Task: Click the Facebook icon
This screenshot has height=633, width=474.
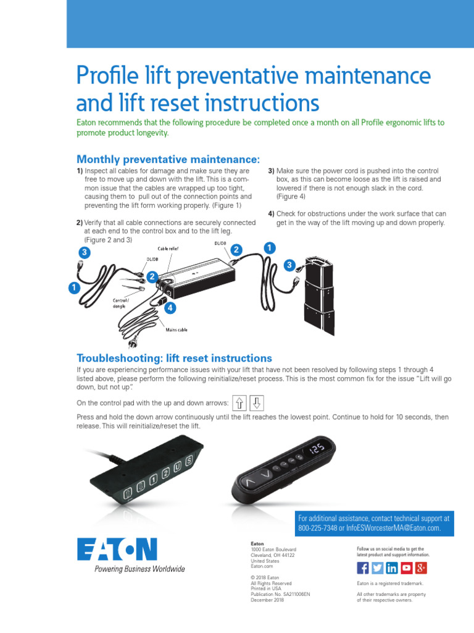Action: point(363,568)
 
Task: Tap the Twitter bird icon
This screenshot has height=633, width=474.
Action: point(377,568)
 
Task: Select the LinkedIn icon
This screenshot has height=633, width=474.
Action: point(392,568)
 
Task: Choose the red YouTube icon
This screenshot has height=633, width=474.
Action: point(407,568)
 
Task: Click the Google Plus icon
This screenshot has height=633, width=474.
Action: point(421,568)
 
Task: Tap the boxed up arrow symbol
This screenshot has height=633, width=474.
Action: point(239,403)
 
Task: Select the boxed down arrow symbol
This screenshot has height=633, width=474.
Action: point(257,403)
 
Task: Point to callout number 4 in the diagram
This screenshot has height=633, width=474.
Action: point(168,307)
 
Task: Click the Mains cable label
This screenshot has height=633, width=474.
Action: point(177,330)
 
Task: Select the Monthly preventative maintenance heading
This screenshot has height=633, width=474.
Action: point(164,160)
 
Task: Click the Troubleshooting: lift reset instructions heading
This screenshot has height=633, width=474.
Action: point(174,358)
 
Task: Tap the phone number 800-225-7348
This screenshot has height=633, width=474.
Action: point(318,528)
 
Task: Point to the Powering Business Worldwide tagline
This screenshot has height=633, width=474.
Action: point(139,569)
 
